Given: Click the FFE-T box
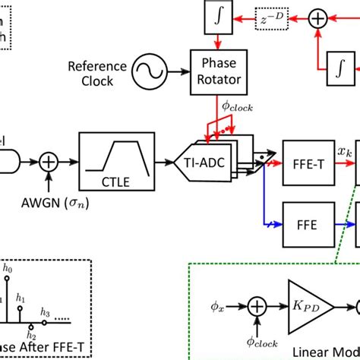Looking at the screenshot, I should click(x=306, y=160).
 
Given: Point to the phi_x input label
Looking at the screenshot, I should click(x=217, y=309).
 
